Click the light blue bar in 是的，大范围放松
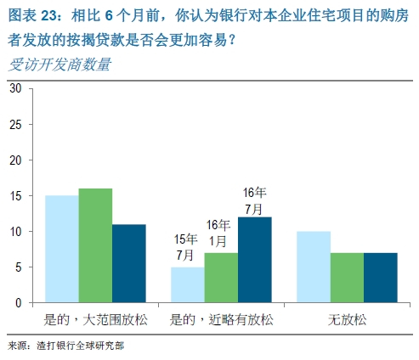[x=62, y=249]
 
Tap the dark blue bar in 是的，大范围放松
[x=128, y=263]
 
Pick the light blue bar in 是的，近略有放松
[x=188, y=284]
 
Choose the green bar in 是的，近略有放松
[x=221, y=278]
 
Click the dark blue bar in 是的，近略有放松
[x=254, y=260]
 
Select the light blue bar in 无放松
[x=314, y=267]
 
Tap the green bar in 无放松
[x=347, y=278]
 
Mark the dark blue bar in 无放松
[x=380, y=278]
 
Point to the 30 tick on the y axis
[x=15, y=88]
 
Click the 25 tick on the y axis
[x=15, y=124]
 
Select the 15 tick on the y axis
[x=15, y=195]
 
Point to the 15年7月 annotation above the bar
[x=185, y=246]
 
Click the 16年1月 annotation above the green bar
[x=218, y=232]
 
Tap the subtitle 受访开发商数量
[x=59, y=65]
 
